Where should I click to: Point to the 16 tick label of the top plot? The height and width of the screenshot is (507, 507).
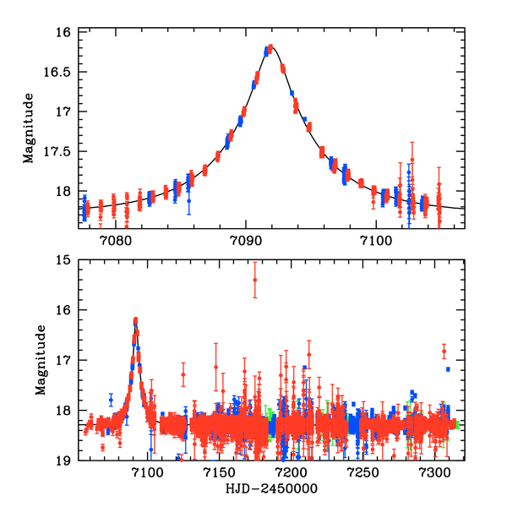click(x=62, y=33)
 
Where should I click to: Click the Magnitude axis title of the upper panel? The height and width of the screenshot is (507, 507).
click(x=30, y=128)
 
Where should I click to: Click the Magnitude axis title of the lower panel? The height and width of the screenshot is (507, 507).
click(x=40, y=361)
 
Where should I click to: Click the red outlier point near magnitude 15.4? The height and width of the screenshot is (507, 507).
click(x=254, y=280)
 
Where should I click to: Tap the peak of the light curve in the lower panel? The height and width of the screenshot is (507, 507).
click(x=135, y=320)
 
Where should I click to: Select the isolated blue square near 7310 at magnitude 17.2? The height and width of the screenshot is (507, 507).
click(x=449, y=369)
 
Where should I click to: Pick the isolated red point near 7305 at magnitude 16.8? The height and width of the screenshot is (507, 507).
click(x=444, y=351)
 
